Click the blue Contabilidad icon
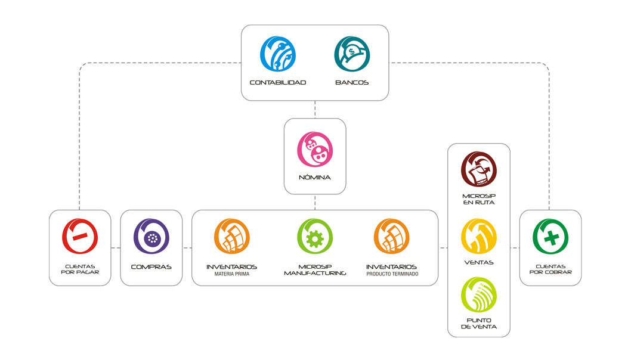click(x=278, y=55)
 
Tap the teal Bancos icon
click(x=352, y=55)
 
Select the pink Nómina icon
click(x=315, y=150)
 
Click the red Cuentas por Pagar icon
click(x=80, y=237)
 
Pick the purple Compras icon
click(x=151, y=237)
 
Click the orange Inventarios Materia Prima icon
click(x=231, y=237)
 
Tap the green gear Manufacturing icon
click(x=314, y=237)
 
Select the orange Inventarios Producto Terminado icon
click(x=392, y=237)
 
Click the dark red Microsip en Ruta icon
click(x=479, y=170)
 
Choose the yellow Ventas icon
click(x=479, y=237)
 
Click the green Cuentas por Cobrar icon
click(x=550, y=237)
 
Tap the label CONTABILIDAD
click(x=278, y=82)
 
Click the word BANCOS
click(x=352, y=82)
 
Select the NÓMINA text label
click(x=315, y=178)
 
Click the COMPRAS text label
click(x=151, y=266)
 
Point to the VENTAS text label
click(x=479, y=262)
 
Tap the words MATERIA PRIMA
click(x=231, y=274)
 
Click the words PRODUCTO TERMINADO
click(x=392, y=274)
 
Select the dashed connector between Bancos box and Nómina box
click(x=315, y=109)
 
